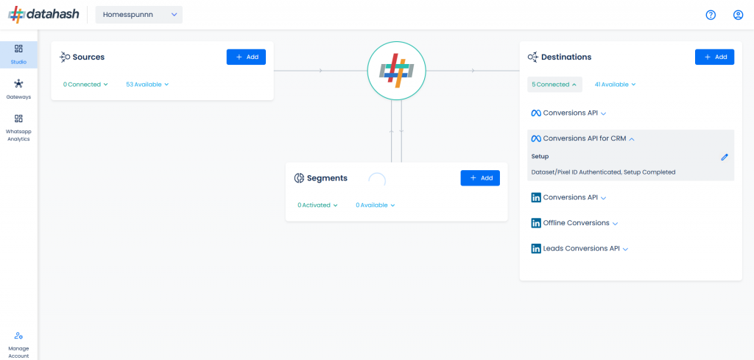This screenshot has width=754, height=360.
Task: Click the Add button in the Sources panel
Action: [246, 57]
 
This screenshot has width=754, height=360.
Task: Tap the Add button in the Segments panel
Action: [480, 178]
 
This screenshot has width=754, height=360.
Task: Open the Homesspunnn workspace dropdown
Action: [139, 15]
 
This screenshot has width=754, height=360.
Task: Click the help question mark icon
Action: [711, 15]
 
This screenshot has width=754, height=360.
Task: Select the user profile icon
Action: [738, 15]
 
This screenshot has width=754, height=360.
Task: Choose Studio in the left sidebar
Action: [18, 54]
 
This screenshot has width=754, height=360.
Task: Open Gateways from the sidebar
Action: [18, 89]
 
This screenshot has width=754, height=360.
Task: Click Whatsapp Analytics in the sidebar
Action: [18, 128]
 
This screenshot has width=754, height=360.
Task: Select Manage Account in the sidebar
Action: [18, 345]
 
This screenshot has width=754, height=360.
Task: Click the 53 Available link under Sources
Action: [147, 85]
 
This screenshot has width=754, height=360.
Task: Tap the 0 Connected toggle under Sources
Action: [85, 85]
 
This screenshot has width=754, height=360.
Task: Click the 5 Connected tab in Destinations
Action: [554, 85]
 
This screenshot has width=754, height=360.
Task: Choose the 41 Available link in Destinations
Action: [615, 85]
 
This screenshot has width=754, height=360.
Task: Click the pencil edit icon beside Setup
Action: [725, 157]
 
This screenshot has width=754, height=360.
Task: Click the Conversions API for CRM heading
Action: [583, 138]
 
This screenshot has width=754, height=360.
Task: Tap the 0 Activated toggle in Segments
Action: [317, 205]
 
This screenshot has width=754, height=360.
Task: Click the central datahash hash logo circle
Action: [397, 71]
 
